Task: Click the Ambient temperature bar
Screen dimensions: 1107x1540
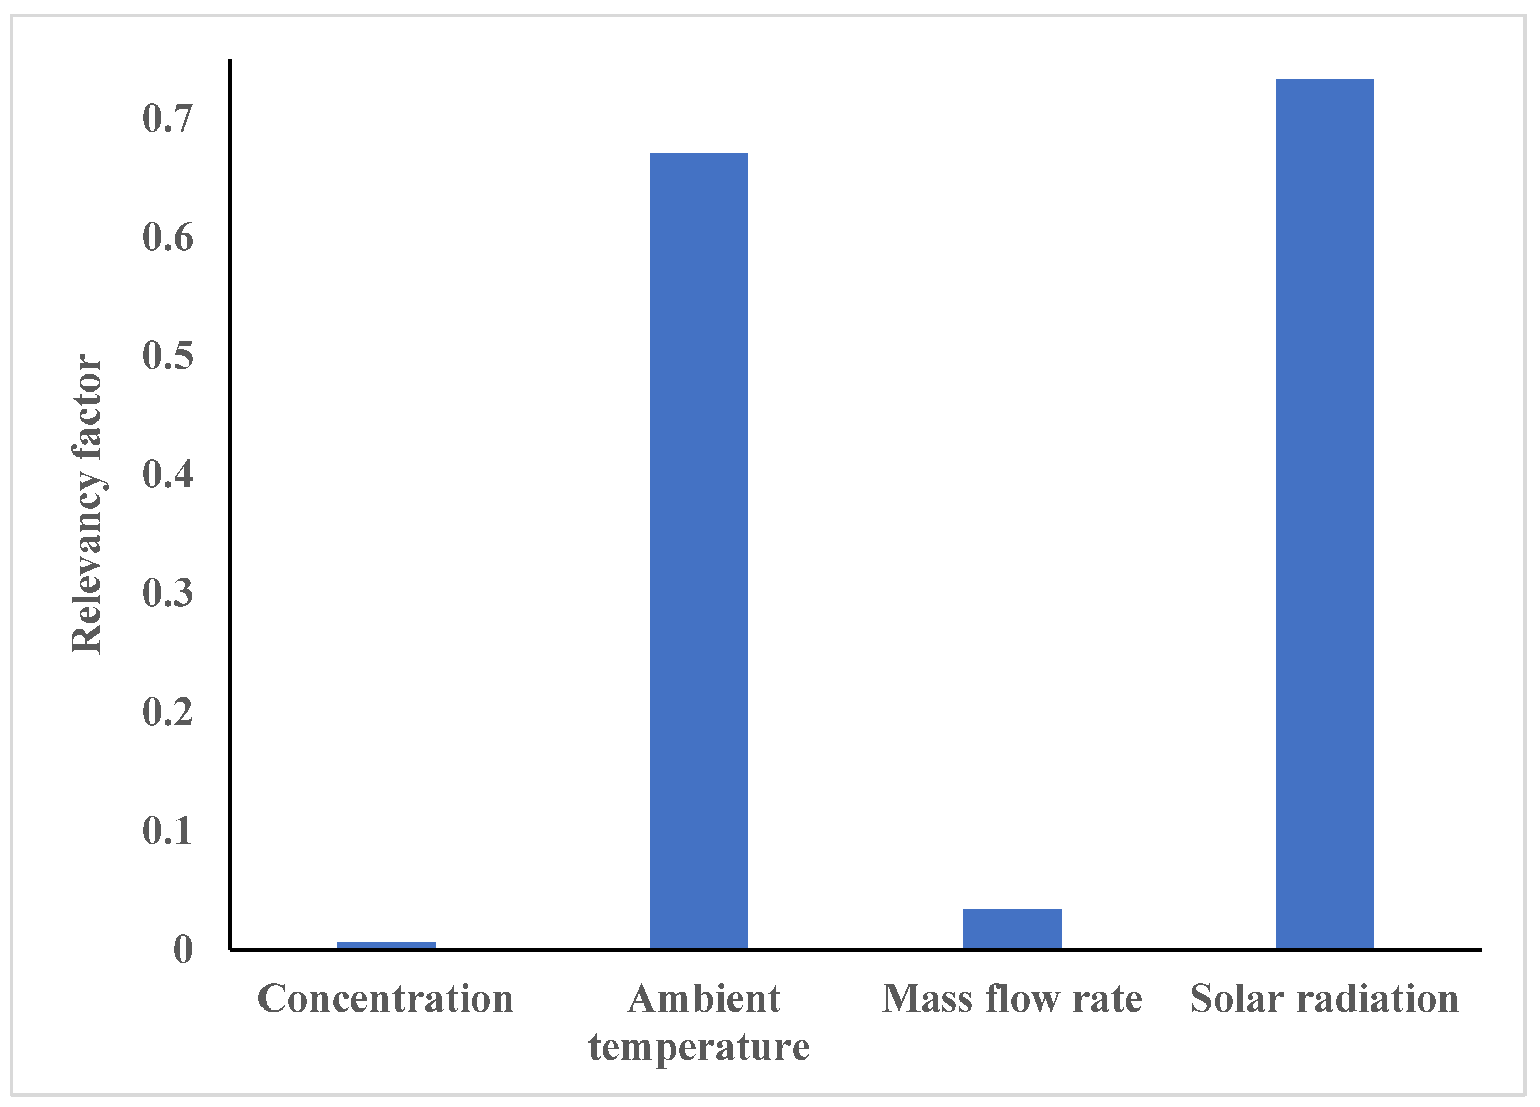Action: pos(699,550)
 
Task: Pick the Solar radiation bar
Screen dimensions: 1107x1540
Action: pos(1324,513)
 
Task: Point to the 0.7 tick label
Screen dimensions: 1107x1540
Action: pos(168,118)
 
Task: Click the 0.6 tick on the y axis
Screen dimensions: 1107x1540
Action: pos(168,238)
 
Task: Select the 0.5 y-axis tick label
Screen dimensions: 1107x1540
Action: pos(168,356)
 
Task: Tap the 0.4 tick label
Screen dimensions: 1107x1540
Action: pos(168,474)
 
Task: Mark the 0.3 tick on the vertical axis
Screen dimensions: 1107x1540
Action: pos(168,593)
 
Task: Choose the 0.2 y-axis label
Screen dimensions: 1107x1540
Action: pos(168,712)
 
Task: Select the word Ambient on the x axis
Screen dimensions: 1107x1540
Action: pos(704,999)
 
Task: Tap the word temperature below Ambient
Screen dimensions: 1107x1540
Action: pos(699,1047)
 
